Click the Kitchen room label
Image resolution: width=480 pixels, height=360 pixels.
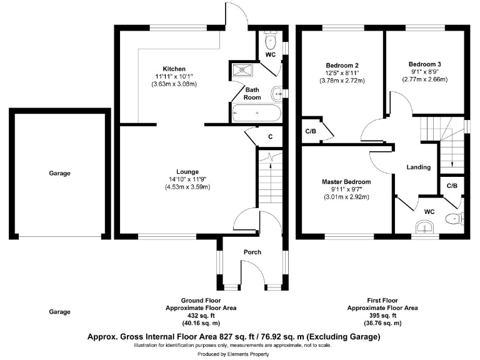pyautogui.click(x=174, y=69)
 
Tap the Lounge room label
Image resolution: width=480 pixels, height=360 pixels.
pyautogui.click(x=187, y=172)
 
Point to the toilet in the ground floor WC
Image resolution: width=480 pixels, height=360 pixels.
pyautogui.click(x=270, y=42)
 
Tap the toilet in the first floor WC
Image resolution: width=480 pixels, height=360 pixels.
pyautogui.click(x=455, y=219)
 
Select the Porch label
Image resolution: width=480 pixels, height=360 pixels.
pyautogui.click(x=252, y=252)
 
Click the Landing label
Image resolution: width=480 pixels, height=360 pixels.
pyautogui.click(x=418, y=167)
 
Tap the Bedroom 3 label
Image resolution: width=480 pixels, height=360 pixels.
pyautogui.click(x=424, y=64)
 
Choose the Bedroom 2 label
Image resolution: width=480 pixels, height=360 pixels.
pyautogui.click(x=342, y=65)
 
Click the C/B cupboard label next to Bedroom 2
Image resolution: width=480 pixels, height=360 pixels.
pyautogui.click(x=310, y=131)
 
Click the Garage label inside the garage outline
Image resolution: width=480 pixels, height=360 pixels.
pyautogui.click(x=60, y=174)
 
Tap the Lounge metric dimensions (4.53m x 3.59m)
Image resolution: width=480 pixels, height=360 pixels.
pyautogui.click(x=187, y=187)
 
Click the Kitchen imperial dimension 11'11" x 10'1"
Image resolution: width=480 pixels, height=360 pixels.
pyautogui.click(x=174, y=76)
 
